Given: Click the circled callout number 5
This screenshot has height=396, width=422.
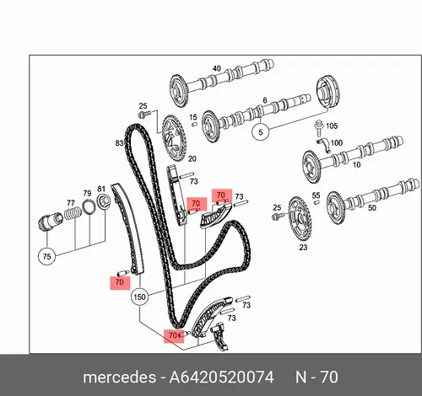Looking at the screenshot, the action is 260,132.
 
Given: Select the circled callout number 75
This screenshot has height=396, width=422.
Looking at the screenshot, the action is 46,256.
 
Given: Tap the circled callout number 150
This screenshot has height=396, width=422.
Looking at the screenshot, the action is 139,297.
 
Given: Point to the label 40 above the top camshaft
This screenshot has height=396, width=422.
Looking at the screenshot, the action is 216,68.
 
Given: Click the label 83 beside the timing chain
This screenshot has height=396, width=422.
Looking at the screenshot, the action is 119,143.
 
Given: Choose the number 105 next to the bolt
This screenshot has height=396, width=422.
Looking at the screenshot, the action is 332,126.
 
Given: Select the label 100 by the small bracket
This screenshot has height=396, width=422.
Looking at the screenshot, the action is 337,143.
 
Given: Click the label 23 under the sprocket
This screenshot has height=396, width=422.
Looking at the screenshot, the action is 303,248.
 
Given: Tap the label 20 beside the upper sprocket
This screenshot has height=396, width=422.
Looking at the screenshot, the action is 192,159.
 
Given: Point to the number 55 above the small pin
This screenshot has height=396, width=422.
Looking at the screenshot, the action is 316,195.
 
